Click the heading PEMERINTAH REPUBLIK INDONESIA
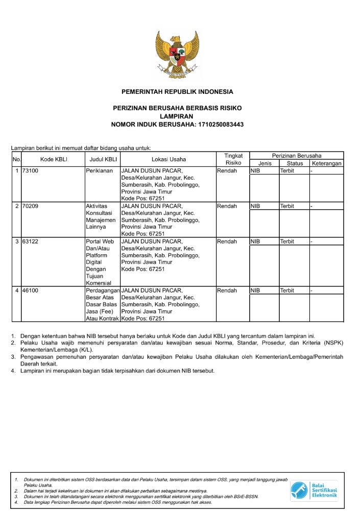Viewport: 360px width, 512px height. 177,92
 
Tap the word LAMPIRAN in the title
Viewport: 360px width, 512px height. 177,116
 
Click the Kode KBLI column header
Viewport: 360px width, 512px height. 54,159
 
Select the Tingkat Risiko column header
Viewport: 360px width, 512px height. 232,159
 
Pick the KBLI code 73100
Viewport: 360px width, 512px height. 30,171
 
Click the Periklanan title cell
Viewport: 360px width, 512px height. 99,171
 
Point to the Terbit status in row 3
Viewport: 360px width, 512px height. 287,241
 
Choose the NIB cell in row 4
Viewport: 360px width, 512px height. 255,290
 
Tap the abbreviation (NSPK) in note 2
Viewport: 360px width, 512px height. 334,343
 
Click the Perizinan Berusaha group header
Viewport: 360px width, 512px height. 296,155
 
